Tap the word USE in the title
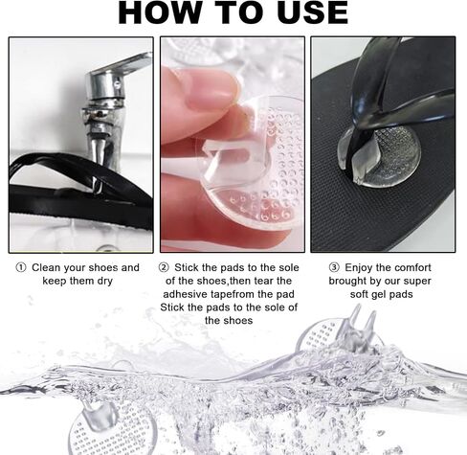(313, 12)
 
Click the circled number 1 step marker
(21, 267)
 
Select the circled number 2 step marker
(164, 267)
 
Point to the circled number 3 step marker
(334, 267)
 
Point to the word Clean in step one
(46, 267)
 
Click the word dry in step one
(104, 282)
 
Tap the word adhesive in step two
(185, 294)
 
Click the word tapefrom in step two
(232, 294)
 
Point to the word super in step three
(417, 282)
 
